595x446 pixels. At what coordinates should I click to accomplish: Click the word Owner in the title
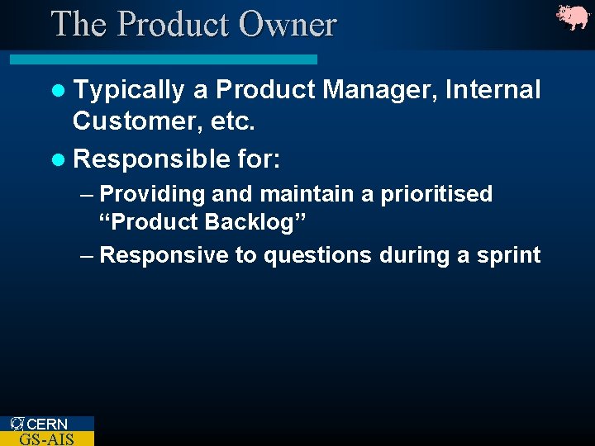(288, 24)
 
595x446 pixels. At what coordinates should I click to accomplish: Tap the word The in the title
(79, 24)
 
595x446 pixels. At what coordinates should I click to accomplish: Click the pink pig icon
(573, 17)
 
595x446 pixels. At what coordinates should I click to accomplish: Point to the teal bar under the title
(164, 59)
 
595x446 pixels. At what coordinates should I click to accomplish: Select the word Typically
(128, 90)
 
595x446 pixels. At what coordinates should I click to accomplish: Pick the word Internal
(493, 89)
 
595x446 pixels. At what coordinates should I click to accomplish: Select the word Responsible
(150, 158)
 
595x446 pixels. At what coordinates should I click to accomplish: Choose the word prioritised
(436, 195)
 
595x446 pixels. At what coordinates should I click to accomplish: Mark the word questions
(317, 256)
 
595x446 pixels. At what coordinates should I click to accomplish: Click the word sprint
(509, 256)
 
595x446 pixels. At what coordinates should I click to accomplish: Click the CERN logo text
(47, 424)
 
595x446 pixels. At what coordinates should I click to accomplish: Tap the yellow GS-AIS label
(46, 439)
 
